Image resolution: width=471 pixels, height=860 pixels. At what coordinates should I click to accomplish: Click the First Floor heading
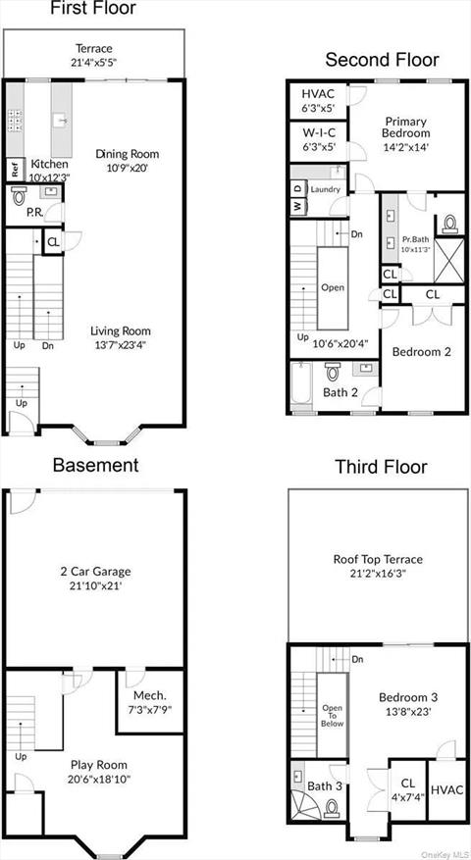point(94,9)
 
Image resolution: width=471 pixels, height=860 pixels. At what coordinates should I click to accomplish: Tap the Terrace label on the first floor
point(94,48)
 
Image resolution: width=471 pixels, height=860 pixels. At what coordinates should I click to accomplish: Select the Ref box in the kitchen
point(16,169)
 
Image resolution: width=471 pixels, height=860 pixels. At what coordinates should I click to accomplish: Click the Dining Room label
point(127,154)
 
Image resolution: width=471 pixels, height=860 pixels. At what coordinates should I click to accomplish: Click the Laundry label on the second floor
point(326,189)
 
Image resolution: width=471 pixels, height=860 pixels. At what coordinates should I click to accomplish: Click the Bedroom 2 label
point(421,351)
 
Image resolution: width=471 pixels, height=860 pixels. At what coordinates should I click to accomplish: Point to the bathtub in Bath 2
point(301,386)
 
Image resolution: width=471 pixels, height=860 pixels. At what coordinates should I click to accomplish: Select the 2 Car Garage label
point(95,572)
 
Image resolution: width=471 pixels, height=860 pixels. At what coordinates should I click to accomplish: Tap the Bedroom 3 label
point(408,697)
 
